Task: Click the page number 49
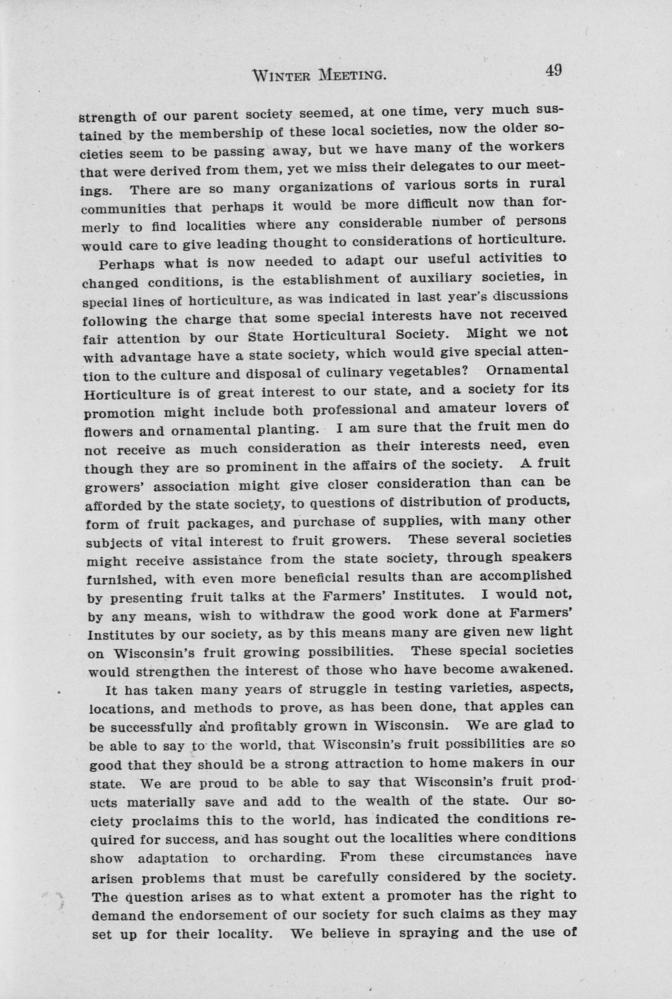pos(553,70)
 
